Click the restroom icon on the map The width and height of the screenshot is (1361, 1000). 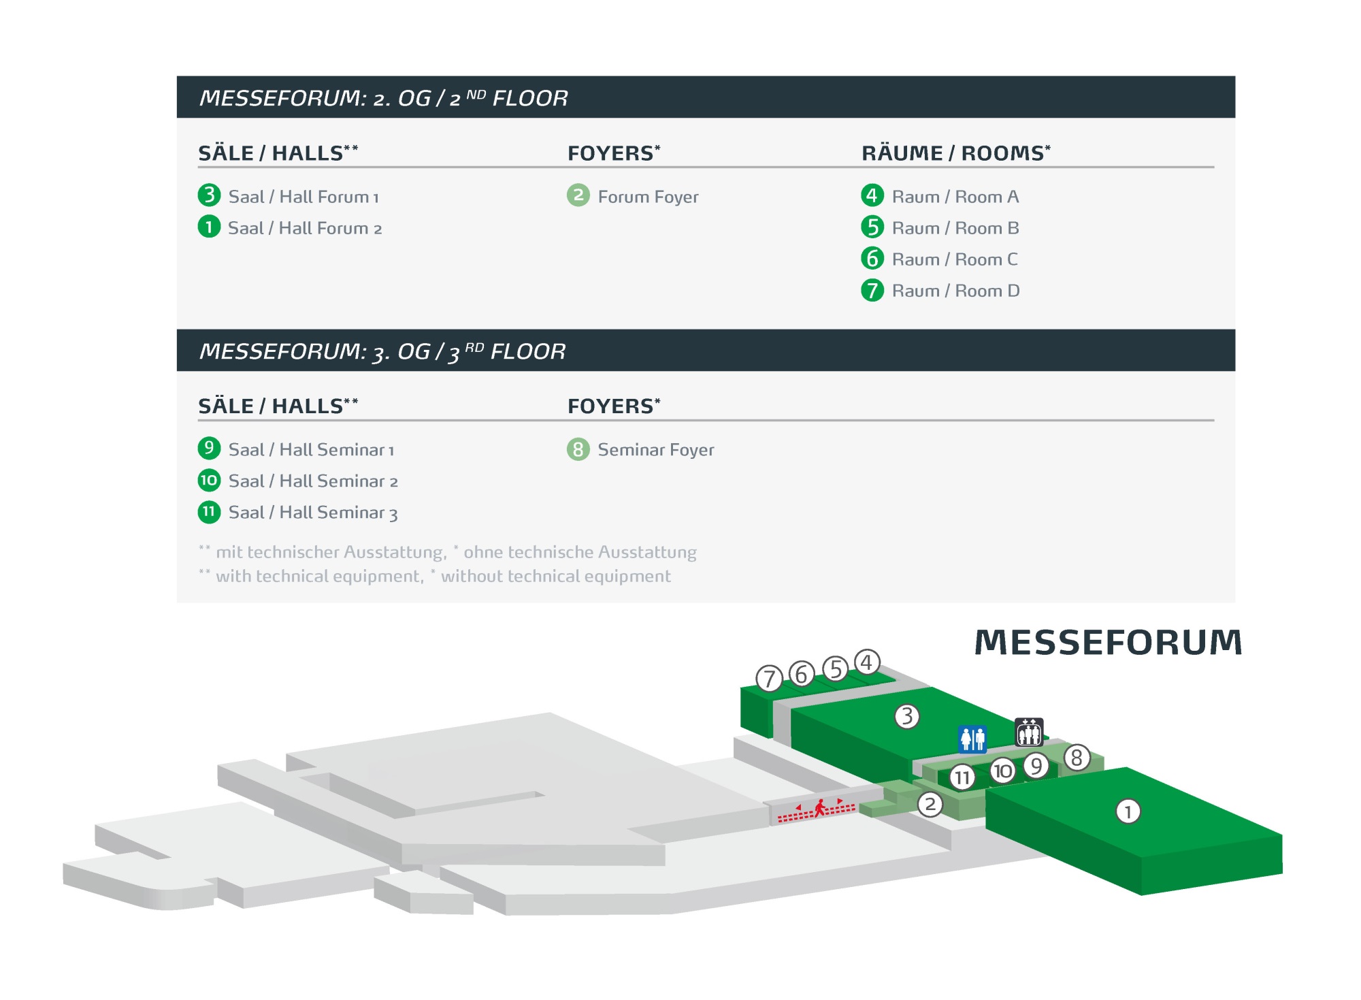[972, 739]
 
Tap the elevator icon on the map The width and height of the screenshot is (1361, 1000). [1029, 732]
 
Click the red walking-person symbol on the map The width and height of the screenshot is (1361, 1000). [820, 808]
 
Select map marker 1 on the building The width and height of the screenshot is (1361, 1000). [1128, 811]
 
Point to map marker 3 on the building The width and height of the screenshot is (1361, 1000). [907, 716]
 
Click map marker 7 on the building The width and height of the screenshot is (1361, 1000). [770, 679]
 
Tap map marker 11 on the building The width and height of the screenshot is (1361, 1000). [962, 777]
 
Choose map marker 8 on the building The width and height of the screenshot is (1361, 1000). [1077, 758]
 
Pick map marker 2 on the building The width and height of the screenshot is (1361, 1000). [930, 805]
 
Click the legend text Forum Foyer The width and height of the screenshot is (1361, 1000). [648, 197]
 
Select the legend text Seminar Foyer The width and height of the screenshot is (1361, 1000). [655, 450]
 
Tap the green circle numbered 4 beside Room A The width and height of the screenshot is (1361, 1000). [872, 195]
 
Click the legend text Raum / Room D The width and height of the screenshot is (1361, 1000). [955, 291]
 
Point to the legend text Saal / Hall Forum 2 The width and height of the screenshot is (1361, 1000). [305, 228]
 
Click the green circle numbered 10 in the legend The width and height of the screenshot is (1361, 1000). [209, 481]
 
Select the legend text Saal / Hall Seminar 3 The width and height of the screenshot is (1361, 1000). [313, 513]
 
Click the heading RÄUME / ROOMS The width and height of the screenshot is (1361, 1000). [955, 153]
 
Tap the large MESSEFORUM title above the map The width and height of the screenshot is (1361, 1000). [1108, 643]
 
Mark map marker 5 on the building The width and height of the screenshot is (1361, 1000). [836, 669]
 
